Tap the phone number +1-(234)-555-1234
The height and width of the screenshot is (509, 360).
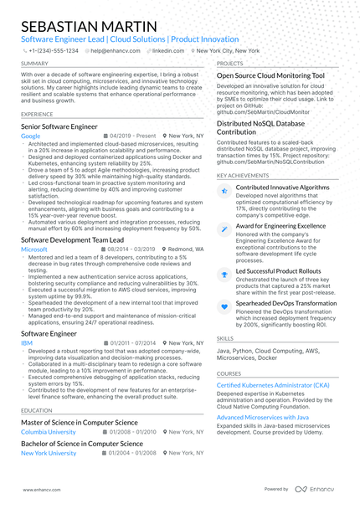54,50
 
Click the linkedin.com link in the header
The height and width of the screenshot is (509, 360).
168,50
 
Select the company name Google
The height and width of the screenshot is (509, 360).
30,135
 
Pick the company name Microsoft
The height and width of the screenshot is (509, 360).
33,249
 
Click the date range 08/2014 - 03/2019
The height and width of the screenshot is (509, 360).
132,249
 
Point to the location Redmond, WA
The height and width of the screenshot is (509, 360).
184,249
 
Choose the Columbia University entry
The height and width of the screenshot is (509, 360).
48,432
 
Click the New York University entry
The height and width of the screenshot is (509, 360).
49,452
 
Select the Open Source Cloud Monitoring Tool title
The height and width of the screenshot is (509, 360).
270,75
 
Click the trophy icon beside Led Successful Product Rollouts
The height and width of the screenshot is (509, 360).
224,274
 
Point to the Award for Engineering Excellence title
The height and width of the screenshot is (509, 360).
280,226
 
